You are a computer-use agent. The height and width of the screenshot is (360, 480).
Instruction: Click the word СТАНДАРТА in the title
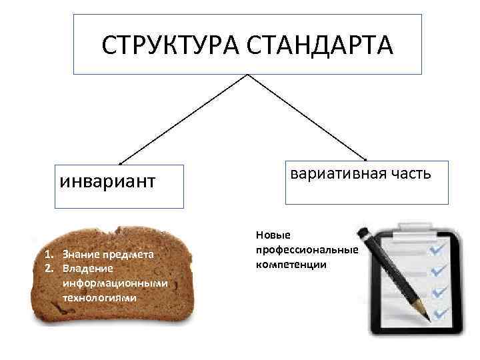point(321,46)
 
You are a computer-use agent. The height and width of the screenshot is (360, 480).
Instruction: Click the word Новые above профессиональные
point(270,235)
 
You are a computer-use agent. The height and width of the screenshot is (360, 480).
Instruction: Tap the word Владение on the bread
point(83,268)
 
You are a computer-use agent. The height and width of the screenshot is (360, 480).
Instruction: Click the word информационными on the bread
point(115,283)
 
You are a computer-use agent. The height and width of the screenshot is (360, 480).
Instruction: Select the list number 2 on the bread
point(49,268)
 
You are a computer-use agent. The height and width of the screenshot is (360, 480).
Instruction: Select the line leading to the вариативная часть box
point(307,117)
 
